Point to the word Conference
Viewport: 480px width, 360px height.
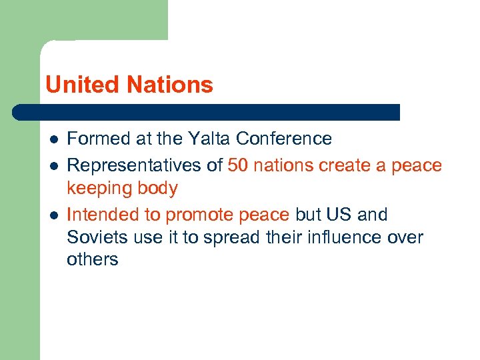tap(284, 139)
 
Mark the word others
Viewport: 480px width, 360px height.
tap(92, 260)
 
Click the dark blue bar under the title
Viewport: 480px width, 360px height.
tap(207, 112)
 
